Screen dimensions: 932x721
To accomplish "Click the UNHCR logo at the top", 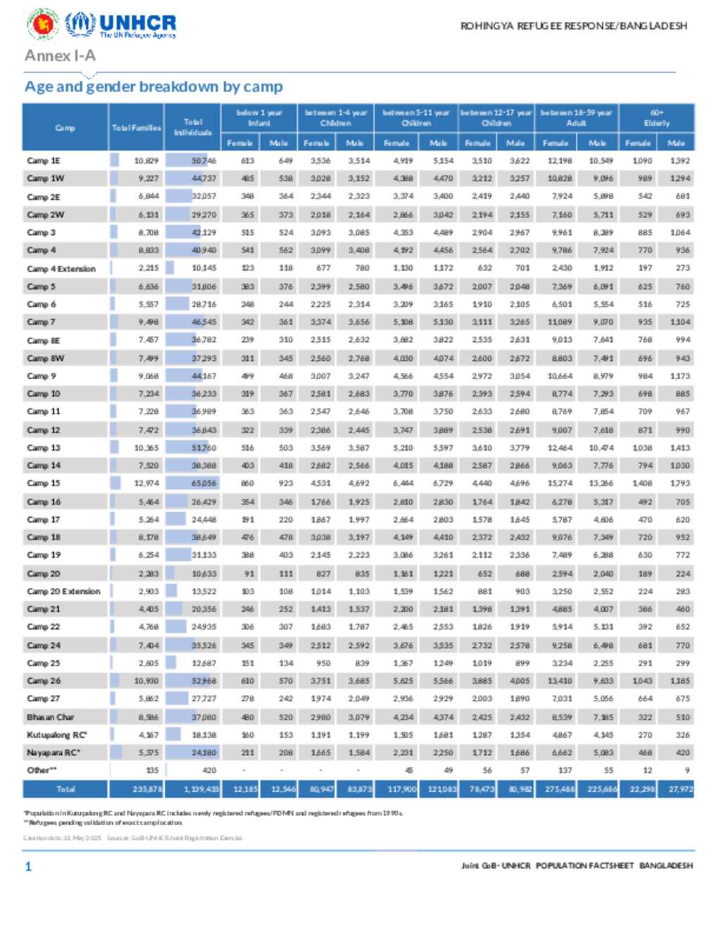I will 121,25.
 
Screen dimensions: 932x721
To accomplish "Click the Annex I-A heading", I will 60,56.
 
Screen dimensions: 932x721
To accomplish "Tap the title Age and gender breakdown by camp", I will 153,87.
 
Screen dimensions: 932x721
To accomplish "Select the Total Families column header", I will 136,127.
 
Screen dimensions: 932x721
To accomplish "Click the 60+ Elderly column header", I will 656,117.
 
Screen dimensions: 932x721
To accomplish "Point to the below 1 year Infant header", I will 259,117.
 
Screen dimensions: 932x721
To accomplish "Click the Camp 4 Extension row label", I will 61,269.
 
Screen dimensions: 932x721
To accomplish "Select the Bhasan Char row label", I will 50,717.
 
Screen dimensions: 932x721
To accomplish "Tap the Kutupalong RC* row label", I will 57,735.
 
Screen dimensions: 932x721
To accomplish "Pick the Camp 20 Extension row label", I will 63,592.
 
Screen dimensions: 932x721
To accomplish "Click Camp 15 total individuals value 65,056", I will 204,483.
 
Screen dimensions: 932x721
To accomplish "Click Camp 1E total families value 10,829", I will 146,160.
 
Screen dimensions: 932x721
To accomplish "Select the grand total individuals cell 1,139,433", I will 201,789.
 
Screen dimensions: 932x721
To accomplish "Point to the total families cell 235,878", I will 146,789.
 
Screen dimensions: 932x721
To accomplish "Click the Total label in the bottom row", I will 65,789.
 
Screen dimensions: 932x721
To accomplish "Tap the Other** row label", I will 42,770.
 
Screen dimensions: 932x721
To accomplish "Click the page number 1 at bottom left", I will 28,867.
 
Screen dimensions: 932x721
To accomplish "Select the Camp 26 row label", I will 44,681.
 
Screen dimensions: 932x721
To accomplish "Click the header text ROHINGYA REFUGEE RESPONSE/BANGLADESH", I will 573,26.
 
